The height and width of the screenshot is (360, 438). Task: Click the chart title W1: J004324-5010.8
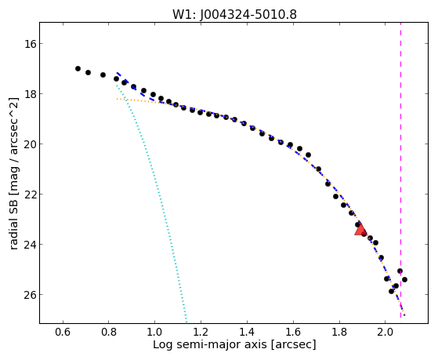[234, 14]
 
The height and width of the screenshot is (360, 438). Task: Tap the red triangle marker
[360, 230]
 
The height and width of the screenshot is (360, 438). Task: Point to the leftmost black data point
[78, 68]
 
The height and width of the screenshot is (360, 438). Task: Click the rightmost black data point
[404, 279]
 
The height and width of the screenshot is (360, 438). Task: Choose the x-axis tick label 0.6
[63, 332]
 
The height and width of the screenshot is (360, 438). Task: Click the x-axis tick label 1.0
[155, 332]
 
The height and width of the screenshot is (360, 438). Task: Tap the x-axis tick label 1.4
[247, 332]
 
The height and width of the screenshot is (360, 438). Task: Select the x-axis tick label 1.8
[339, 332]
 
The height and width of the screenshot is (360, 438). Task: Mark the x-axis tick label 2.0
[386, 332]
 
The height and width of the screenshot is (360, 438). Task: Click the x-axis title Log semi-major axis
[210, 344]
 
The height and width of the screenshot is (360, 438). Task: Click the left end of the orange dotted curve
[118, 99]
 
